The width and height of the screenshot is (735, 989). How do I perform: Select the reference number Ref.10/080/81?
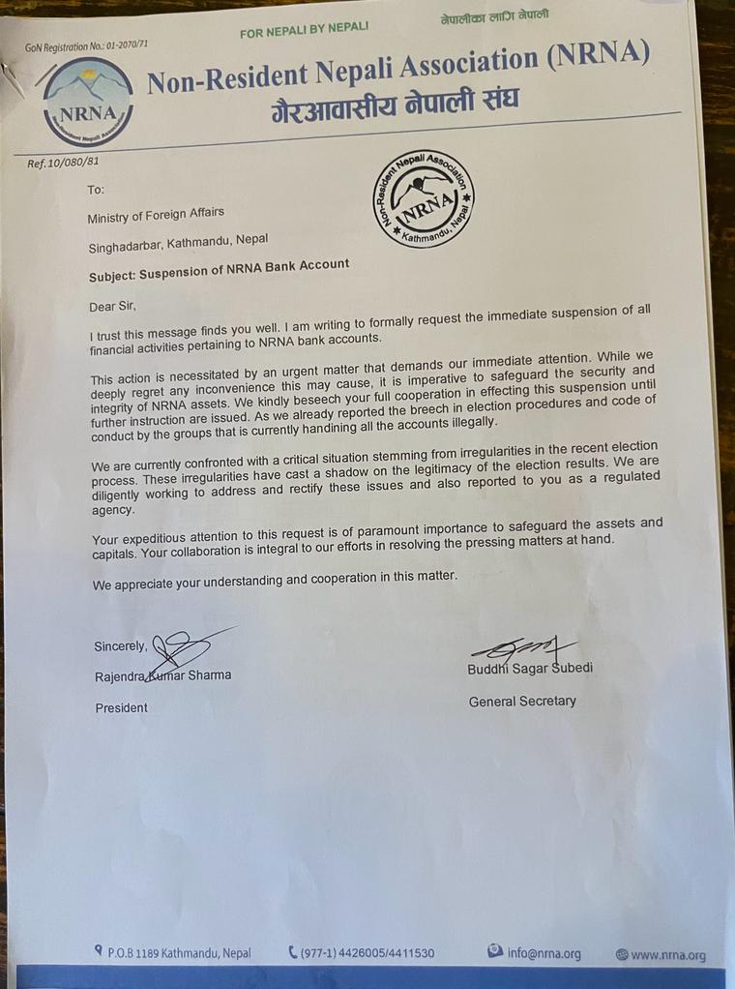point(64,163)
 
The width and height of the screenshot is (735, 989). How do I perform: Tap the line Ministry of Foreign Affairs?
point(162,217)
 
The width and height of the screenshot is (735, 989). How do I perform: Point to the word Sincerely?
point(121,646)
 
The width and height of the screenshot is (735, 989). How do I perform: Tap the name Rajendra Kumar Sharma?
point(162,675)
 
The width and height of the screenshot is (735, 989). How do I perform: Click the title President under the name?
point(122,708)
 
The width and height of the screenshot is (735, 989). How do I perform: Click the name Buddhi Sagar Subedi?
point(531,668)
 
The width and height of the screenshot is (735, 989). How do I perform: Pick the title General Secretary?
point(522,702)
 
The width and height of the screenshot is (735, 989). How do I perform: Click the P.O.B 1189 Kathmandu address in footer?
point(174,953)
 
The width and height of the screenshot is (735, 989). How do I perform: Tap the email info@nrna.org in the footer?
point(536,954)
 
